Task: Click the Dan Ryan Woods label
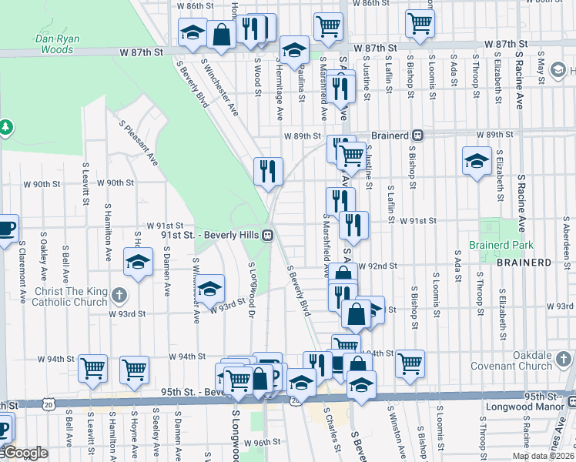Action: [x=54, y=44]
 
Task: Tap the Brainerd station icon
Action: [x=417, y=134]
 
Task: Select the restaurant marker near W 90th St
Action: [x=269, y=172]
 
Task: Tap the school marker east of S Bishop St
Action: [x=477, y=161]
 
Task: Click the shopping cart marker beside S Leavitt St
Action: [x=92, y=368]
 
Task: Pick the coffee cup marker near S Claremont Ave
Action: [x=6, y=229]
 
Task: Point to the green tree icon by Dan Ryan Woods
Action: [x=5, y=126]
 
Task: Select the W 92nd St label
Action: [x=379, y=266]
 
